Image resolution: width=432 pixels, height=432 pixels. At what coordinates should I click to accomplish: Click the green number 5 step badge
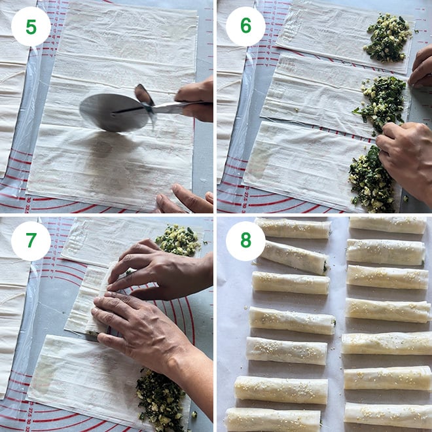point(31,26)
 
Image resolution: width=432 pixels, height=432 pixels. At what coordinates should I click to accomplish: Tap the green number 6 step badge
point(245,26)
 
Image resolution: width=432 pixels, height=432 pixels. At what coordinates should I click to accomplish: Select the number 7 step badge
point(31,241)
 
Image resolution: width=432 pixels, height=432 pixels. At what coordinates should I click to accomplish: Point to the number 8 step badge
point(245,241)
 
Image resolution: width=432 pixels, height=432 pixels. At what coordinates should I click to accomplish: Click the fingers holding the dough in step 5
point(183,200)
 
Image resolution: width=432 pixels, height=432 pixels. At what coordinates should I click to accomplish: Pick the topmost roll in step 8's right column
point(387,225)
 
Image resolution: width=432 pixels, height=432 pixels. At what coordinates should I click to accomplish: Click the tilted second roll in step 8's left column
point(295,256)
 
